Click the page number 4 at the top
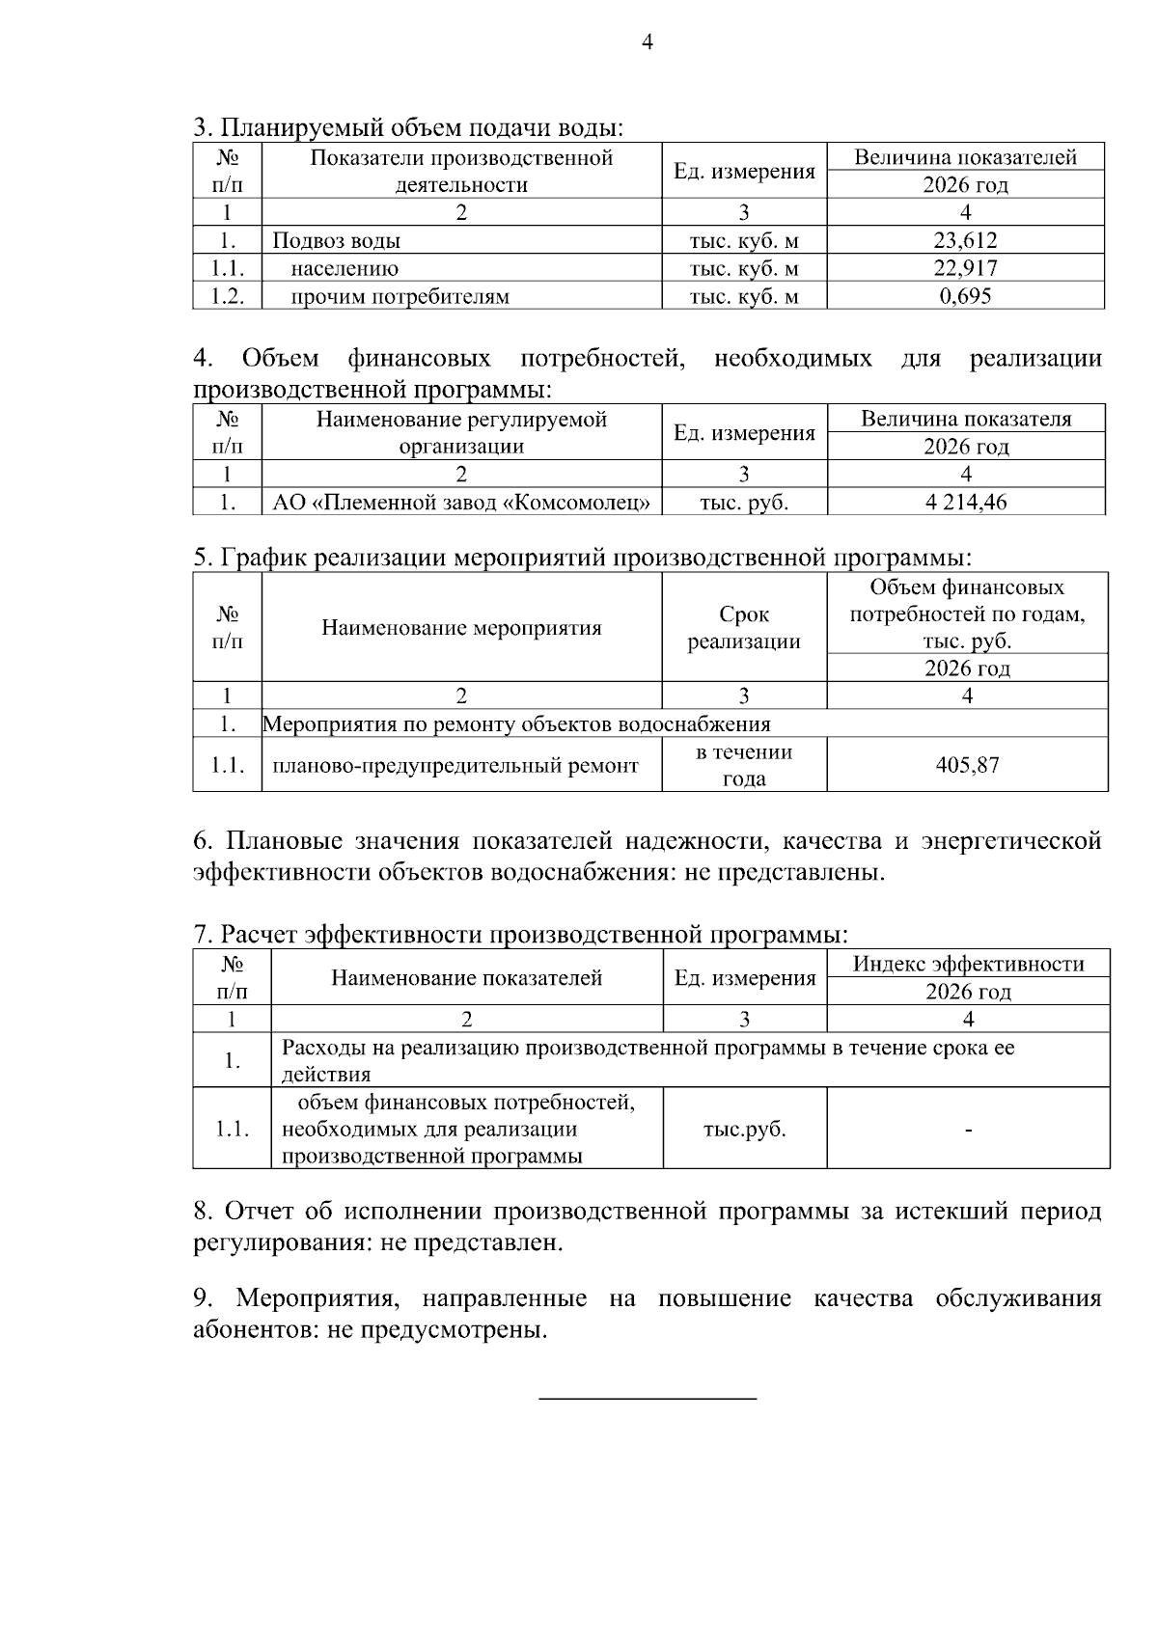pyautogui.click(x=647, y=42)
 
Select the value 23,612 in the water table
pyautogui.click(x=965, y=240)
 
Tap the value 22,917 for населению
pyautogui.click(x=965, y=268)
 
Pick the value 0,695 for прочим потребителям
pyautogui.click(x=965, y=296)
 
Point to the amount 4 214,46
pyautogui.click(x=965, y=502)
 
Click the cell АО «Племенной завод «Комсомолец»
pyautogui.click(x=461, y=502)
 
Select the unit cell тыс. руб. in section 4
pyautogui.click(x=743, y=502)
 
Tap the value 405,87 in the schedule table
pyautogui.click(x=967, y=765)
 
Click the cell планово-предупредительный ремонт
pyautogui.click(x=455, y=765)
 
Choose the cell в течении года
pyautogui.click(x=743, y=765)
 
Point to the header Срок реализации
pyautogui.click(x=743, y=628)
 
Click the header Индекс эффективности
pyautogui.click(x=968, y=964)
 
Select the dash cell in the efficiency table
pyautogui.click(x=968, y=1129)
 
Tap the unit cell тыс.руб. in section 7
pyautogui.click(x=744, y=1129)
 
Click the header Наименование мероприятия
pyautogui.click(x=461, y=628)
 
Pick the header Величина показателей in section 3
pyautogui.click(x=965, y=157)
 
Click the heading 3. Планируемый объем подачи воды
pyautogui.click(x=408, y=127)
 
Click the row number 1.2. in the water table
pyautogui.click(x=227, y=296)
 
